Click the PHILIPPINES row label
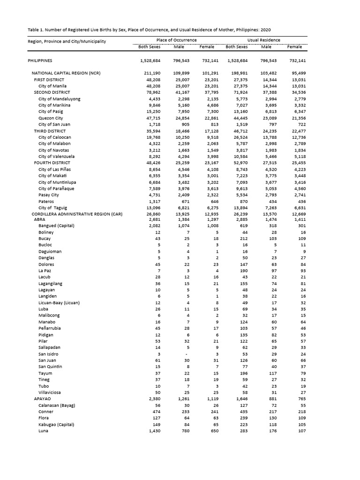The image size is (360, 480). (x=40, y=60)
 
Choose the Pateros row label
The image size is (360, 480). (x=46, y=201)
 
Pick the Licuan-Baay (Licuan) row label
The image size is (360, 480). (x=59, y=302)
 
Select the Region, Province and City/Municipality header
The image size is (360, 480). (x=67, y=41)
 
